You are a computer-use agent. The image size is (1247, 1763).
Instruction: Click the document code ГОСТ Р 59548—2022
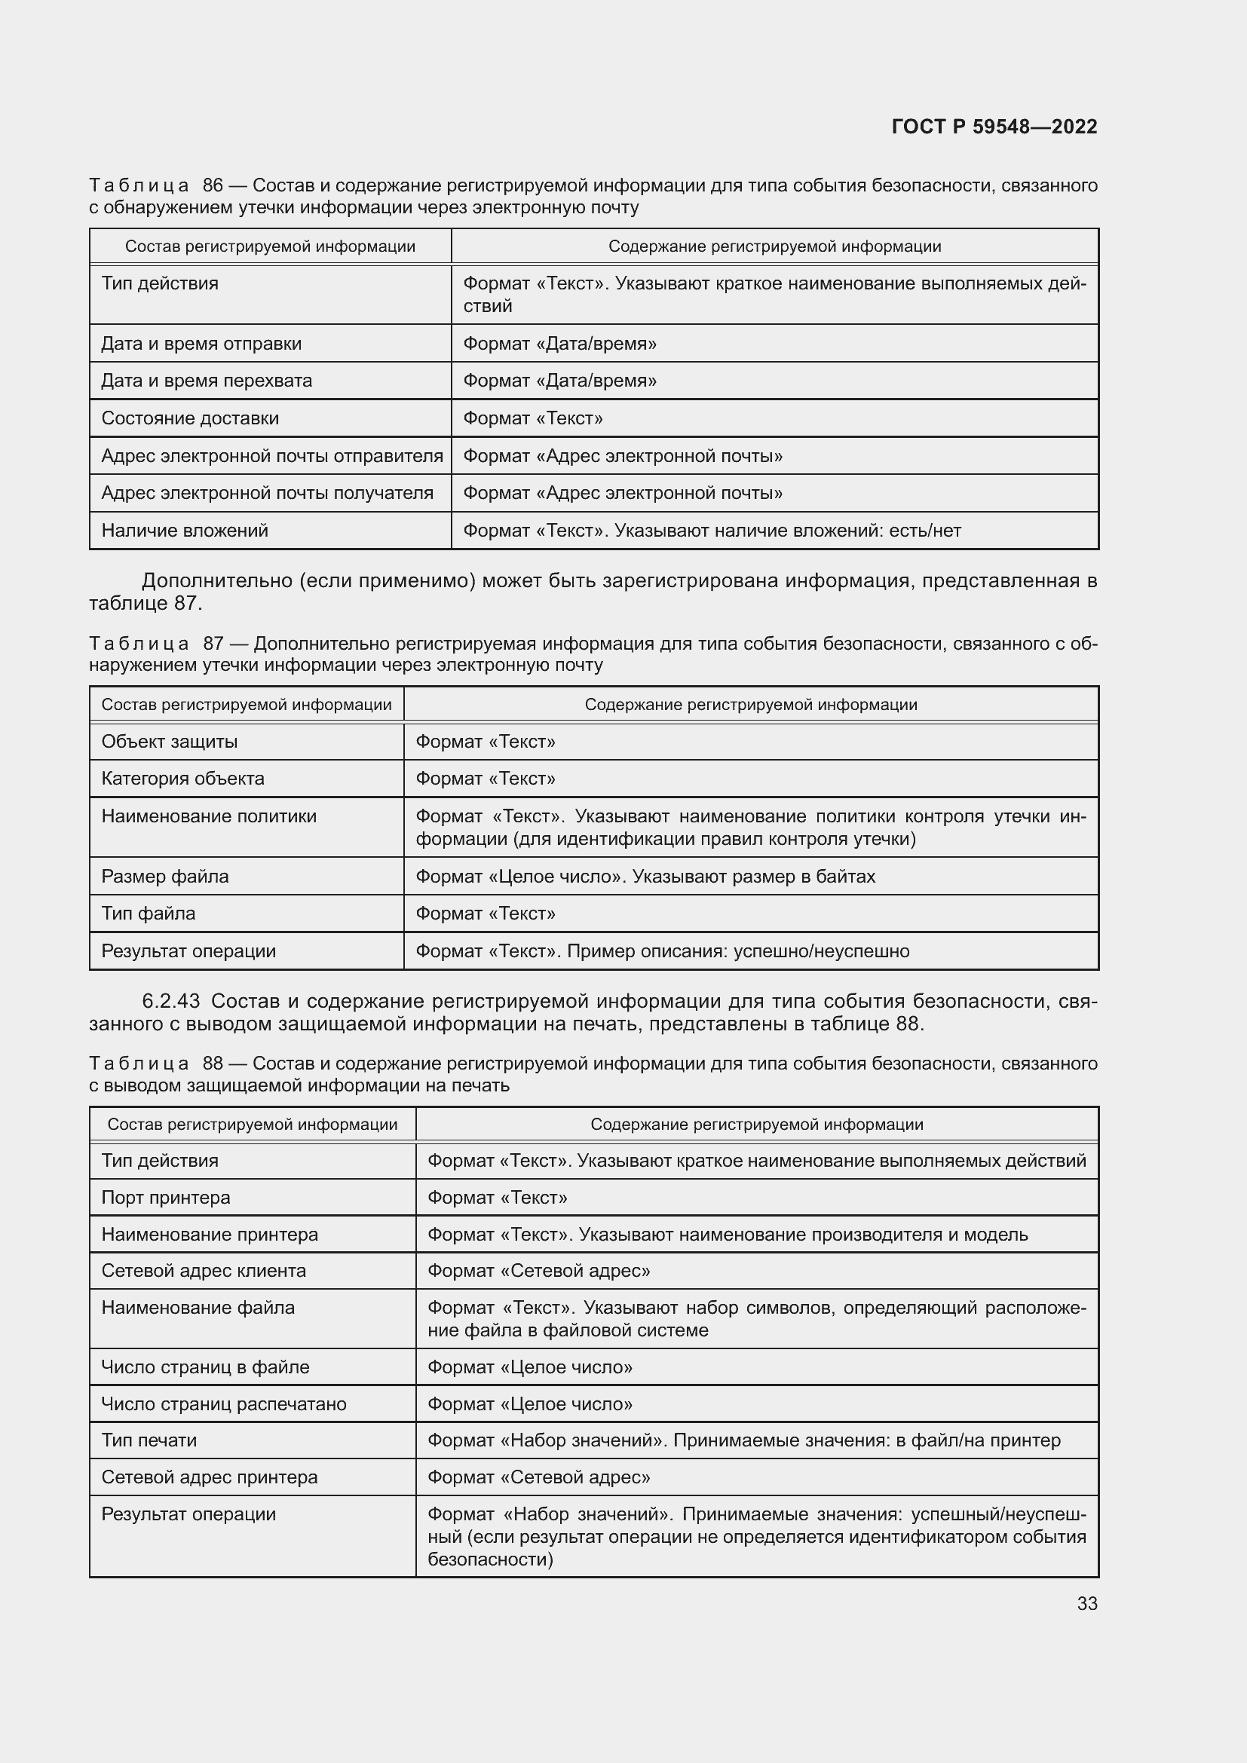point(994,127)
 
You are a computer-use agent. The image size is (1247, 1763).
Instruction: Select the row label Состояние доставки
point(190,418)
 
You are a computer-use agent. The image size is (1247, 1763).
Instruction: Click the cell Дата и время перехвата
point(207,381)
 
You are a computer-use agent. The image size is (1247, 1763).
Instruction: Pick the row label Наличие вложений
point(184,531)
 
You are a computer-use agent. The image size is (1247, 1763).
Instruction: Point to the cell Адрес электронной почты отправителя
point(272,456)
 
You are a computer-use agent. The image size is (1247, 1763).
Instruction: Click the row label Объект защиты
point(169,742)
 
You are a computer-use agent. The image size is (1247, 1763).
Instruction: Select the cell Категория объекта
point(182,779)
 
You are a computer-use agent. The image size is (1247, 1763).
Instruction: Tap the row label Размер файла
point(164,876)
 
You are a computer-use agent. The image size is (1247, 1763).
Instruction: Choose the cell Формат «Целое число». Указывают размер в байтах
point(645,876)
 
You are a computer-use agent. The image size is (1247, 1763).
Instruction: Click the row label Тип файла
point(149,914)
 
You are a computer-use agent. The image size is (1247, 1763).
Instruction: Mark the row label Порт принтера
point(165,1198)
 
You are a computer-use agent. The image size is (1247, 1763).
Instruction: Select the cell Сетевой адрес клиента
point(204,1271)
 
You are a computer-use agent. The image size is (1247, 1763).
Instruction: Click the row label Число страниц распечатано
point(223,1404)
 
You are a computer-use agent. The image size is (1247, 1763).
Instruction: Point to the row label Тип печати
point(149,1440)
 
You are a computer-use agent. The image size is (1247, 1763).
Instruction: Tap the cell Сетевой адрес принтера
point(209,1477)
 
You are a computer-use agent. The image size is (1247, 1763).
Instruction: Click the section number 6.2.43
point(170,1001)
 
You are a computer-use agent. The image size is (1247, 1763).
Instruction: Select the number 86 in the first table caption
point(213,186)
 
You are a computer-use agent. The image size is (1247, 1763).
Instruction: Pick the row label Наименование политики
point(209,816)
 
